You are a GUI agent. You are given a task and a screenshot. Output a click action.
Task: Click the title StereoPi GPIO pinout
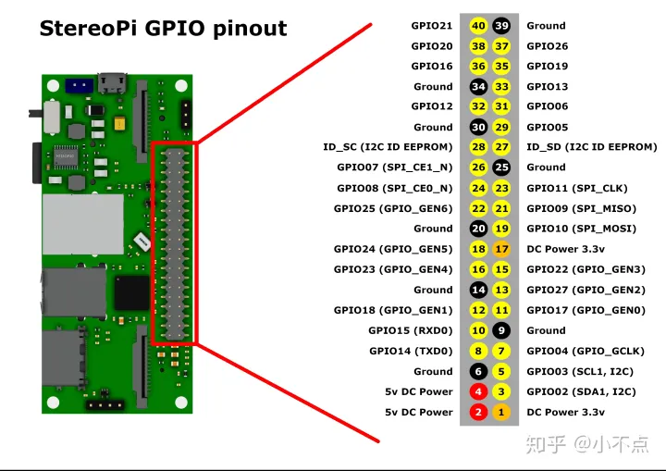(163, 28)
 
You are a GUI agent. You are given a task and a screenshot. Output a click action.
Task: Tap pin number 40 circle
(478, 26)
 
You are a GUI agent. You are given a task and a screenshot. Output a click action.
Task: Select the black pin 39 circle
(501, 26)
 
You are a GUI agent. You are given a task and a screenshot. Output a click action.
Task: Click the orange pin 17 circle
(501, 249)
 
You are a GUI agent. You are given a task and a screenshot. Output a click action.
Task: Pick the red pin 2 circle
(478, 412)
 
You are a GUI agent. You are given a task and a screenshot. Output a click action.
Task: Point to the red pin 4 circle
(478, 391)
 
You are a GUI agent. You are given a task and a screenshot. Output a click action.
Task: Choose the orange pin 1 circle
(501, 412)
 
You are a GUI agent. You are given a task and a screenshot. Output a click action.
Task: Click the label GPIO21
(432, 26)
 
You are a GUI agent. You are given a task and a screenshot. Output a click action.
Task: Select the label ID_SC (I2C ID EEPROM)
(388, 147)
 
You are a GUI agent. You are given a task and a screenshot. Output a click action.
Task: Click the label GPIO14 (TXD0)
(411, 351)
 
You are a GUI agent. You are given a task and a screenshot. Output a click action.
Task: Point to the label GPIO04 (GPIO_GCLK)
(586, 351)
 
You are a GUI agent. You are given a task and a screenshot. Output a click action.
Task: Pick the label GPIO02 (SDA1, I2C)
(581, 391)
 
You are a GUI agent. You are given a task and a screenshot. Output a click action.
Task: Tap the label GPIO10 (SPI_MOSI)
(579, 229)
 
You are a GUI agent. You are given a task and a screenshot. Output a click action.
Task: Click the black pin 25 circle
(501, 167)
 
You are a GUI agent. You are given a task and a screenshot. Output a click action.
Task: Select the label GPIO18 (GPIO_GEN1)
(393, 310)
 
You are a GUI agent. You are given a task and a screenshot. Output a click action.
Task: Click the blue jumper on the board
(78, 84)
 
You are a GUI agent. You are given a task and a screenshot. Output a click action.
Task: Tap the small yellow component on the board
(118, 123)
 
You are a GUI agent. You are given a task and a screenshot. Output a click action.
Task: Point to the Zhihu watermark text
(587, 444)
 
